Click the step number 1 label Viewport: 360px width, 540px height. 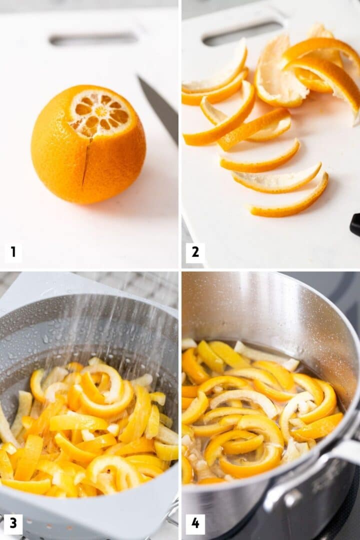coord(13,253)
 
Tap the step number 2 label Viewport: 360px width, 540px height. coord(195,253)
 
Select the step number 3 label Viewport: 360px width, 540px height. coord(13,523)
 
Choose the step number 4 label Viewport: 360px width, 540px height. coord(195,523)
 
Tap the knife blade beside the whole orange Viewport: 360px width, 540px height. coord(159,107)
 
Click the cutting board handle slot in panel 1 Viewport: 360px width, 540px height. coord(93,39)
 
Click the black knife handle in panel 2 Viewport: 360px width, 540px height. coord(355,224)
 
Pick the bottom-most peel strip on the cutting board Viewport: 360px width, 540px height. coord(290,202)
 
